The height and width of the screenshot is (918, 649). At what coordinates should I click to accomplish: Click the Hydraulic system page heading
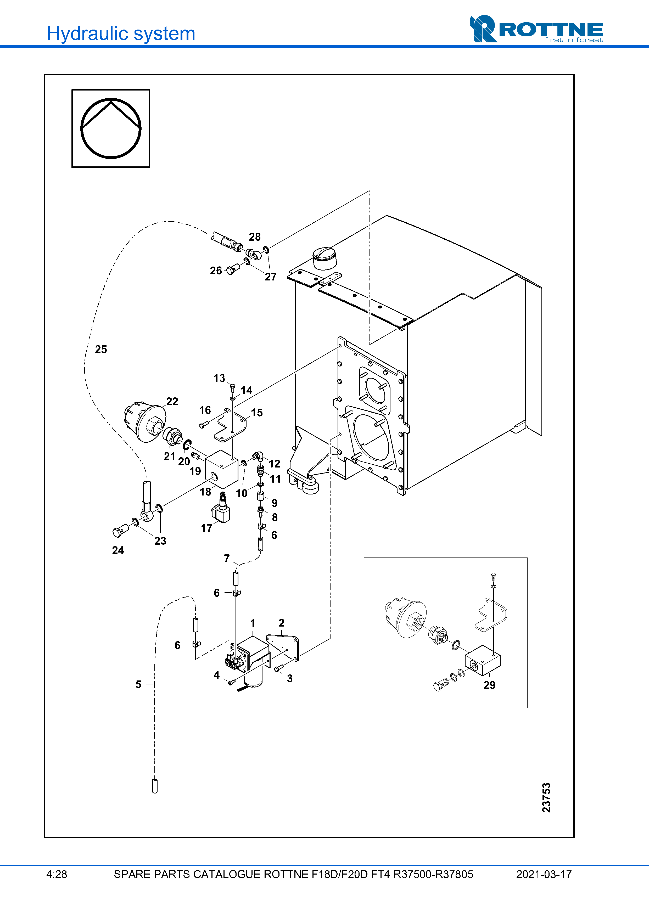[x=121, y=33]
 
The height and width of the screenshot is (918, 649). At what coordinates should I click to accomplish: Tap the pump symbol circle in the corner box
[x=111, y=128]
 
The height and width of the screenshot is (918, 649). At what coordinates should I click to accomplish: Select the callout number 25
[x=101, y=350]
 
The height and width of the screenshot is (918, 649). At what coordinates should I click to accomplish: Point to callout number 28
[x=255, y=237]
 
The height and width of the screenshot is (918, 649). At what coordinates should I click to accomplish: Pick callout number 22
[x=172, y=401]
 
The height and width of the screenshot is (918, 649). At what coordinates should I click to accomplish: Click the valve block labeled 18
[x=221, y=469]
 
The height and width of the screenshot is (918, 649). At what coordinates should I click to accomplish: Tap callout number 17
[x=206, y=528]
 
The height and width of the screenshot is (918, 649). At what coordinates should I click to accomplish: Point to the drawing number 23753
[x=546, y=798]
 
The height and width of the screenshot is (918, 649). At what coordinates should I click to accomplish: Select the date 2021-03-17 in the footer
[x=544, y=874]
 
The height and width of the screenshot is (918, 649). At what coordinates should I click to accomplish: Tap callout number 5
[x=138, y=684]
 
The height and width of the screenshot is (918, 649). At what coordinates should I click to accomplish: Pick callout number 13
[x=219, y=378]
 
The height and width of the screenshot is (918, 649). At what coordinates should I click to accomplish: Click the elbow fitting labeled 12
[x=258, y=456]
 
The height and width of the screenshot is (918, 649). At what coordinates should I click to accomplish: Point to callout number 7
[x=227, y=558]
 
